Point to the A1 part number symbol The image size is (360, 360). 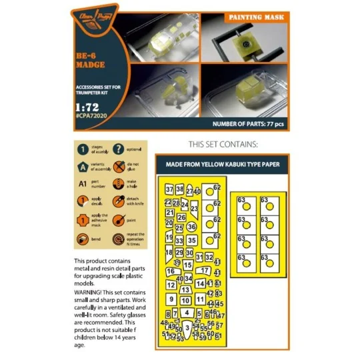tap(82, 185)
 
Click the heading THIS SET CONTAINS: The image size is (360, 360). tap(223, 143)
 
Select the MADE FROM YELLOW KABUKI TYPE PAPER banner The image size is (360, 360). tap(222, 164)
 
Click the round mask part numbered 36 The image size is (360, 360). tap(191, 227)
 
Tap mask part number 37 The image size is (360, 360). tap(169, 190)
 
